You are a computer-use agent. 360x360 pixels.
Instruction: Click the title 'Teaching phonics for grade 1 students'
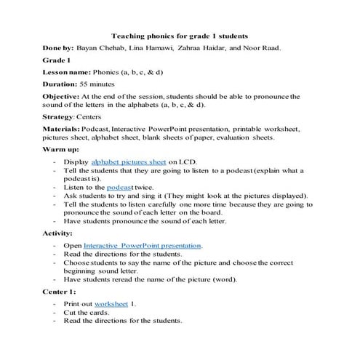tap(180, 35)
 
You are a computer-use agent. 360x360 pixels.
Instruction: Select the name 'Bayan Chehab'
tap(98, 47)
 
